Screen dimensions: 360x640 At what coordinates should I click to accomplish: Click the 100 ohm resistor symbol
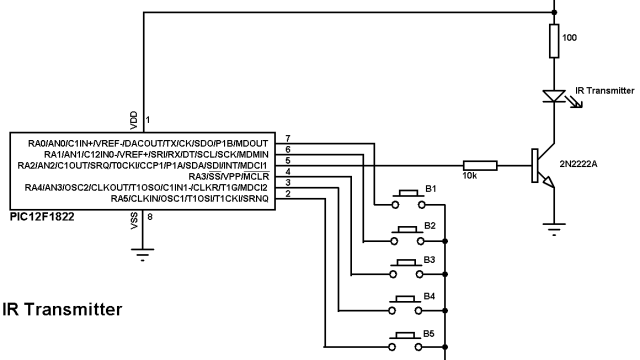(x=554, y=42)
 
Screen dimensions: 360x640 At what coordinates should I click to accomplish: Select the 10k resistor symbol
(x=481, y=166)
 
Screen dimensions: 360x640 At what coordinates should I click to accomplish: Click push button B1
(x=407, y=196)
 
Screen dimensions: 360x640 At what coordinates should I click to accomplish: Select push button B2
(x=407, y=233)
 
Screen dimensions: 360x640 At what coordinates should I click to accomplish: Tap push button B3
(x=407, y=268)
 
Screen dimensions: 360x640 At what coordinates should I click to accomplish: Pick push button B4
(x=407, y=304)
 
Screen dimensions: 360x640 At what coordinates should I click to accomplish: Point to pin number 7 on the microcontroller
(x=288, y=138)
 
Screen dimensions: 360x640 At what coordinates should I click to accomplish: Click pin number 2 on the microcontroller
(x=288, y=193)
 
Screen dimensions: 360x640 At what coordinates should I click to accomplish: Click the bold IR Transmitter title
(x=62, y=310)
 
